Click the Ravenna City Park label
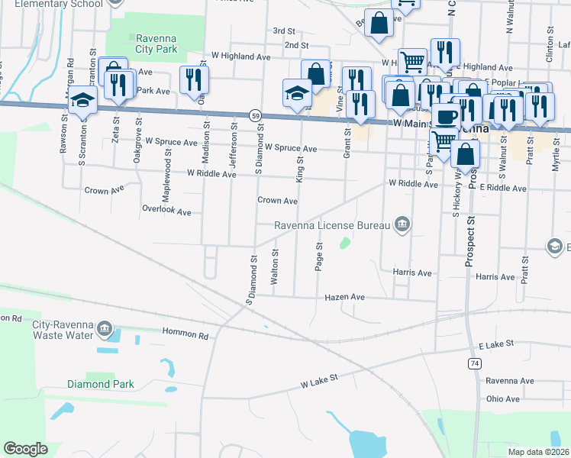click(x=156, y=44)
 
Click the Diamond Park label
click(x=100, y=384)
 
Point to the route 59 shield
click(x=255, y=115)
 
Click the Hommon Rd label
click(x=185, y=334)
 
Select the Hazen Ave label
click(x=345, y=297)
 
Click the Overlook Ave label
click(x=166, y=210)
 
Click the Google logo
click(x=25, y=449)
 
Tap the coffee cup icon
click(x=447, y=117)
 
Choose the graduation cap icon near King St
click(x=297, y=93)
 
